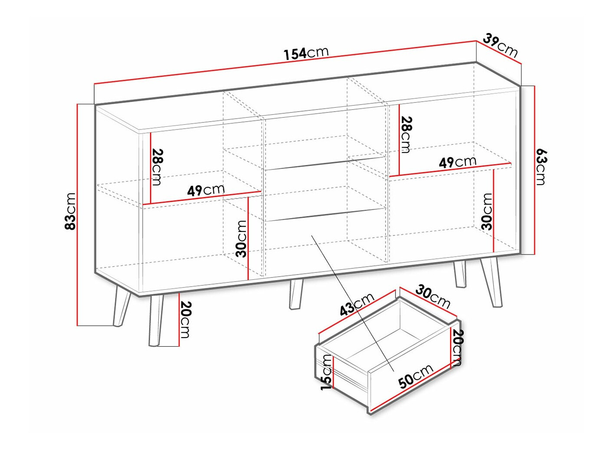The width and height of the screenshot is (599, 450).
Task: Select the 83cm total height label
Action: pos(70,211)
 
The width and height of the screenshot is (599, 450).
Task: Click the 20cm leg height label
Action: pos(184,319)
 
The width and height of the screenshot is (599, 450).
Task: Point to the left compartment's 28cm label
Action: pos(157,167)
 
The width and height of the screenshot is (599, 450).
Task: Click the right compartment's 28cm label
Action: pos(406,135)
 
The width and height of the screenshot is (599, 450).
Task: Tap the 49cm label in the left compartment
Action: pos(206,190)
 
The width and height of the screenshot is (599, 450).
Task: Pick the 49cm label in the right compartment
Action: pos(457,162)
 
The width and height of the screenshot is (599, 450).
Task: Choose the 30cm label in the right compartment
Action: pos(487,212)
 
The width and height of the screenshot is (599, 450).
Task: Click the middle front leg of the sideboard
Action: pos(295,294)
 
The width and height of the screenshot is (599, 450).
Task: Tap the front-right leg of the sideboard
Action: pos(491,283)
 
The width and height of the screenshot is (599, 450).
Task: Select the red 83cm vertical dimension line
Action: pos(78,215)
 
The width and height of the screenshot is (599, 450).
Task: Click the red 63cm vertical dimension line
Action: pos(534,170)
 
